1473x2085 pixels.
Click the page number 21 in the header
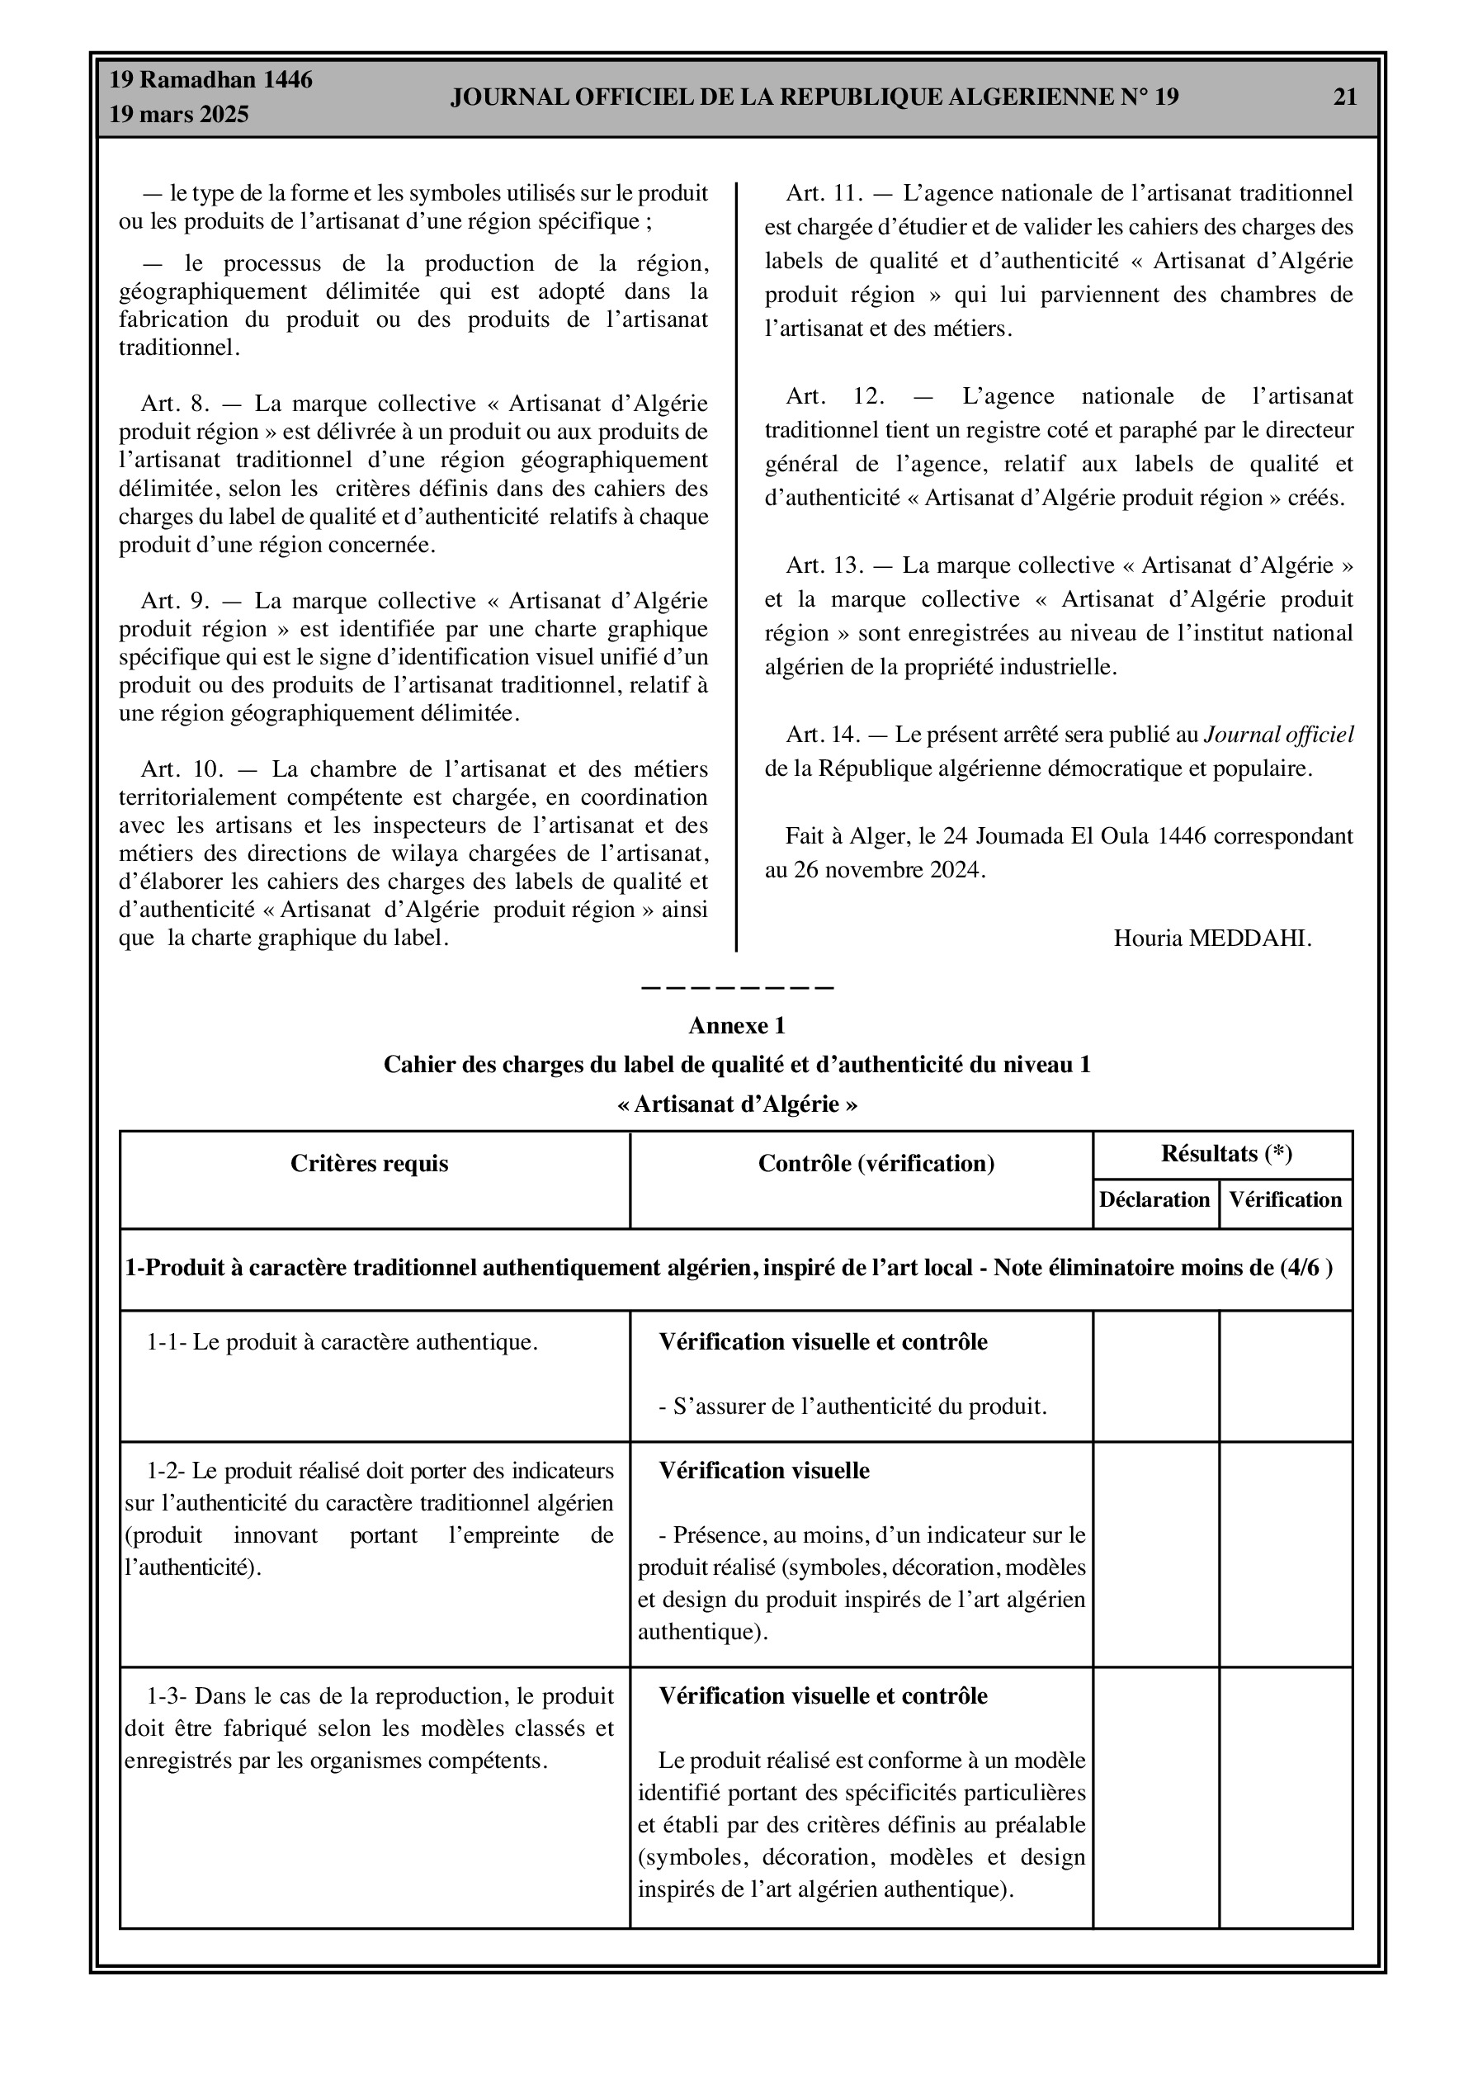(x=1345, y=97)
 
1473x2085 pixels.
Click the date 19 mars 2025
(x=179, y=115)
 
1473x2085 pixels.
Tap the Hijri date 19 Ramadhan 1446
(x=210, y=80)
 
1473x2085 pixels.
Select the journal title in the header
(x=814, y=97)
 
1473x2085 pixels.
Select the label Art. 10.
(x=182, y=769)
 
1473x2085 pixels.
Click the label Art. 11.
(x=823, y=193)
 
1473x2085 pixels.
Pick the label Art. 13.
(x=824, y=565)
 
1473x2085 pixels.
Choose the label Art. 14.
(x=823, y=735)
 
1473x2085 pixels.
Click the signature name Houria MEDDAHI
(x=1212, y=938)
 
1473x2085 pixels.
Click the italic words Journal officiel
(x=1278, y=735)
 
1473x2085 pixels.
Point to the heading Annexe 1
(x=736, y=1025)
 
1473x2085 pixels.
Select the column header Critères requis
(x=370, y=1163)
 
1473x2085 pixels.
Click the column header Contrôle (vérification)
(x=876, y=1163)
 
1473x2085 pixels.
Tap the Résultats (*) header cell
(x=1226, y=1153)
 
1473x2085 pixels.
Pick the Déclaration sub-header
(x=1154, y=1199)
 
